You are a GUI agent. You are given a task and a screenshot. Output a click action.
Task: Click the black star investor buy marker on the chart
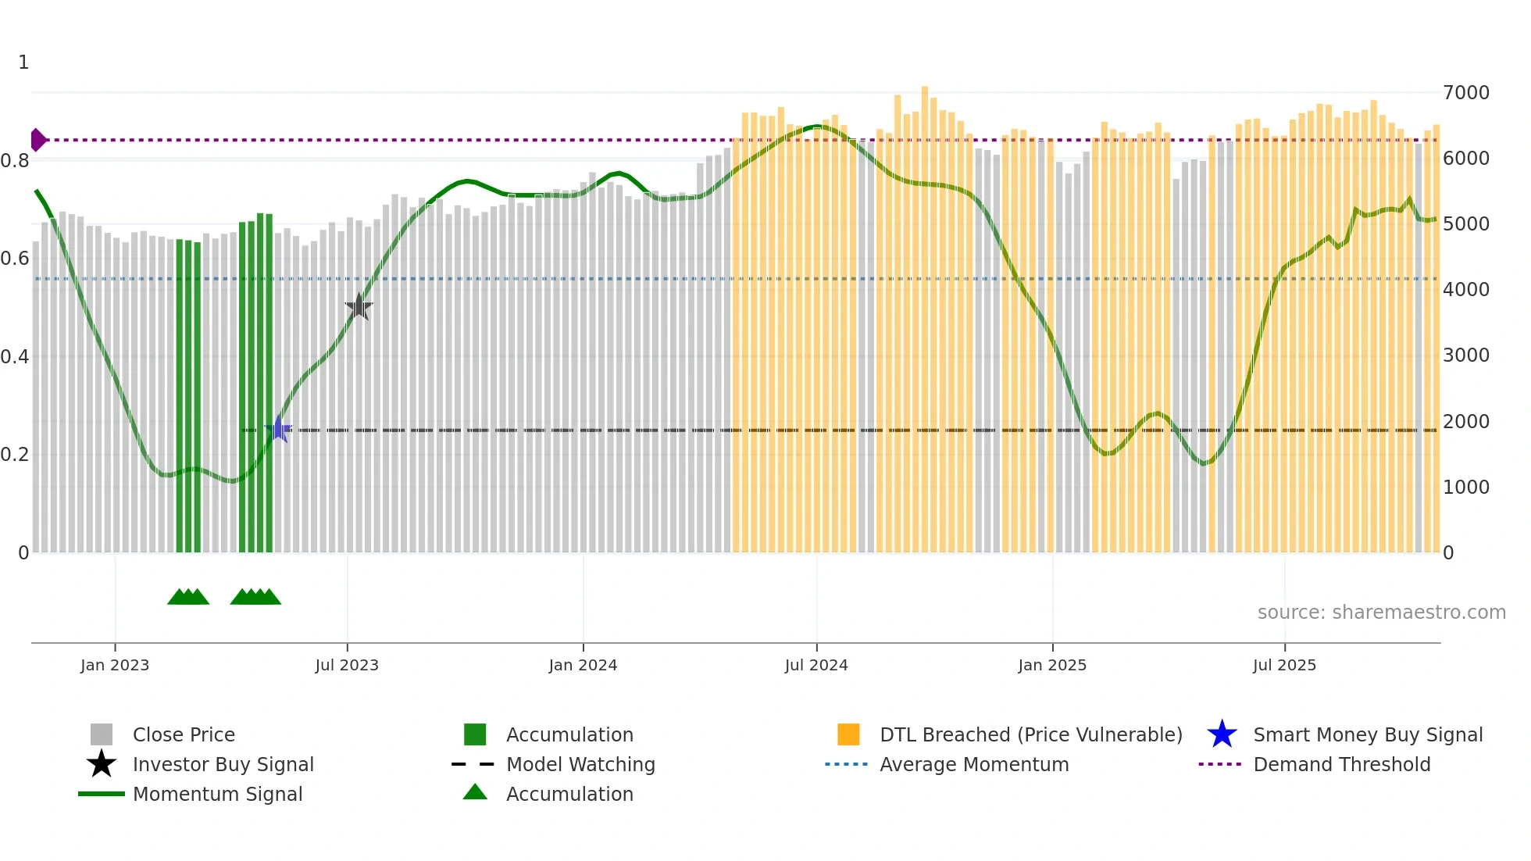(359, 307)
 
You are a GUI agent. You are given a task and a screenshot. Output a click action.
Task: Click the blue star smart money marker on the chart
(278, 430)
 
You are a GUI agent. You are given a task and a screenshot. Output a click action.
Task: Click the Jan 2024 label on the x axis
(583, 666)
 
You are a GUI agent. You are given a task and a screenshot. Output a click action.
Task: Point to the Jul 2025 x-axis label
(1284, 666)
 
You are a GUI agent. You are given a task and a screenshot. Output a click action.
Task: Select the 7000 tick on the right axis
(1466, 93)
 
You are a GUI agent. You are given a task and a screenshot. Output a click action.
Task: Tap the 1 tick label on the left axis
(23, 63)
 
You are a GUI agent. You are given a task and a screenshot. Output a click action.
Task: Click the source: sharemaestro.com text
(1381, 613)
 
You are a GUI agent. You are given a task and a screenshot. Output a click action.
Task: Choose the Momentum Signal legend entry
(217, 795)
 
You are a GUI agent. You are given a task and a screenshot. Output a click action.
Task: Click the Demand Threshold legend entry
(1341, 765)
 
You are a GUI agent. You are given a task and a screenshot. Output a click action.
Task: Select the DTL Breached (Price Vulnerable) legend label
(1030, 735)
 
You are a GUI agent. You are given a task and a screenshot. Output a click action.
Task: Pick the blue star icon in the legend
(1222, 734)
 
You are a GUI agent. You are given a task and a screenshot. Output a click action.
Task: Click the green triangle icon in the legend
(475, 793)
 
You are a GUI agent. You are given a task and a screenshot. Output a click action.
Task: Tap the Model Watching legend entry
(580, 765)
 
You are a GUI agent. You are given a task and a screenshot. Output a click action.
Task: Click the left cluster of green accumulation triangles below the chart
(188, 597)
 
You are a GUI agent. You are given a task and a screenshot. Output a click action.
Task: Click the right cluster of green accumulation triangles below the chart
(255, 597)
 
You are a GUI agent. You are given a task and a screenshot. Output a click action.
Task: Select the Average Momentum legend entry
(973, 765)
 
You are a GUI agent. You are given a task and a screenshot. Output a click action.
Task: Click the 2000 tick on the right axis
(1466, 422)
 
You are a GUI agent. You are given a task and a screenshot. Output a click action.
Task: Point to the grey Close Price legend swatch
(102, 734)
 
